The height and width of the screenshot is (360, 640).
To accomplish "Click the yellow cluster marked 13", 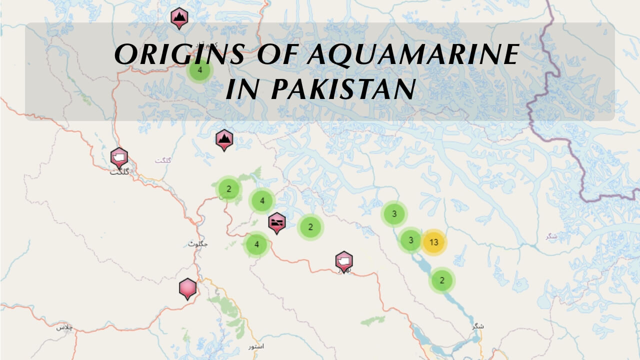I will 433,242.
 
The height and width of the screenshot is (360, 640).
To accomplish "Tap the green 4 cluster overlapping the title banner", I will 200,70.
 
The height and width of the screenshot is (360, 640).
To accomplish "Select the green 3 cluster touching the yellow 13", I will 410,240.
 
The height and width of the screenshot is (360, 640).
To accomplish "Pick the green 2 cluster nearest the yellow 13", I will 441,280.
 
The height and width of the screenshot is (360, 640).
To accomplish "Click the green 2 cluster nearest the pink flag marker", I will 310,227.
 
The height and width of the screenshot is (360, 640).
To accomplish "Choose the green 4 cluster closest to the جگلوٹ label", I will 256,244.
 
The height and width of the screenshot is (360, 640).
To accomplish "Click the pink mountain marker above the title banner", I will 179,17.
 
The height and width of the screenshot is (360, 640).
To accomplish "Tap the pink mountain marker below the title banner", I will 224,139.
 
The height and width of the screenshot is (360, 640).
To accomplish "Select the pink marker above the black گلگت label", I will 119,157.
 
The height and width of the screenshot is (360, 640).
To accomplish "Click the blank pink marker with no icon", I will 187,288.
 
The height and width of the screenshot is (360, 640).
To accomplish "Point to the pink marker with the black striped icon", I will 276,222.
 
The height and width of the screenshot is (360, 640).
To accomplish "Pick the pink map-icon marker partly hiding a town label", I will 343,260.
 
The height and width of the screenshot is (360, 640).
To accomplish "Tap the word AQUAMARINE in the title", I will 412,54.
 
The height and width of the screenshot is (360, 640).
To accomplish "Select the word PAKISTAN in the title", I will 343,89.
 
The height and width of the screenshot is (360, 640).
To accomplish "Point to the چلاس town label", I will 64,327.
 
